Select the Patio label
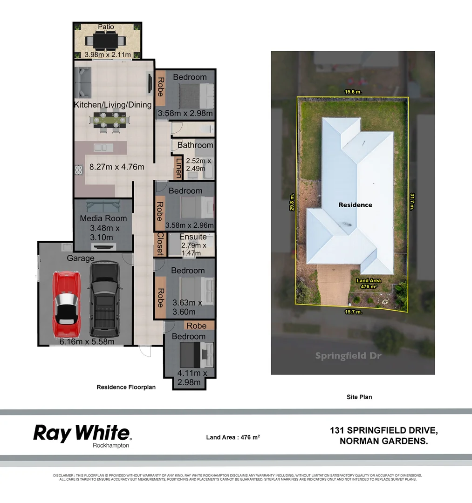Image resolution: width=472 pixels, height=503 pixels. coord(106,27)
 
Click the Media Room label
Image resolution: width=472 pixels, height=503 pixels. coord(103,218)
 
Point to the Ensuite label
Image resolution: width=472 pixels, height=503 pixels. coord(193,237)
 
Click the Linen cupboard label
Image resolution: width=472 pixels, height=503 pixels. coord(178,168)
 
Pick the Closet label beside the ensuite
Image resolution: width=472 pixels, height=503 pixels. coord(159,244)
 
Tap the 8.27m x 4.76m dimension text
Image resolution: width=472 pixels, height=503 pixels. coord(116,167)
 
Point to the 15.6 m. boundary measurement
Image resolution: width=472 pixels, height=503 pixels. coord(353,92)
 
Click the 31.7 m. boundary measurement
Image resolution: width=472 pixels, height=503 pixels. coord(412,202)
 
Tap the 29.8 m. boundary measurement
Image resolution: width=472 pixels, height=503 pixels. coord(292,203)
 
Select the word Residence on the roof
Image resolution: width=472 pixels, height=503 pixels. coord(355,204)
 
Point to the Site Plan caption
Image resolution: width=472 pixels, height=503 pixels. coord(359,397)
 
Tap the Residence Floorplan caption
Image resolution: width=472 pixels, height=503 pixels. coord(126,387)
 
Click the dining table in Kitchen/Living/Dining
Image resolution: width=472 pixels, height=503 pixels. coord(109,120)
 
